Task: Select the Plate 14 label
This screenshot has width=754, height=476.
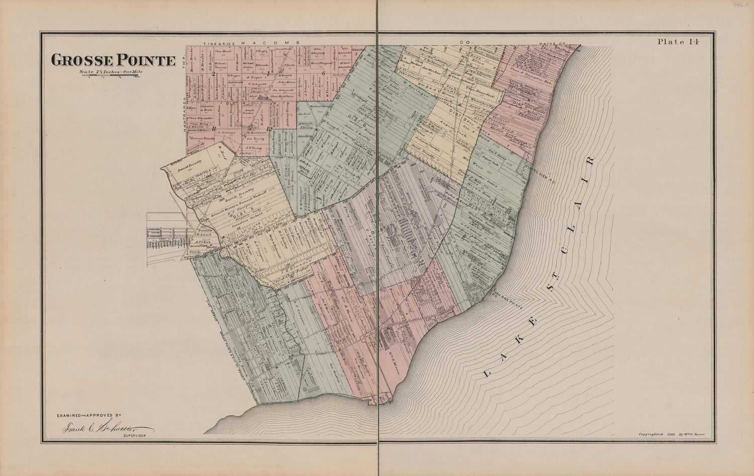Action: coord(678,42)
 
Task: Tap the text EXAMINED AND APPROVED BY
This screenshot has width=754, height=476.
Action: coord(89,416)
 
